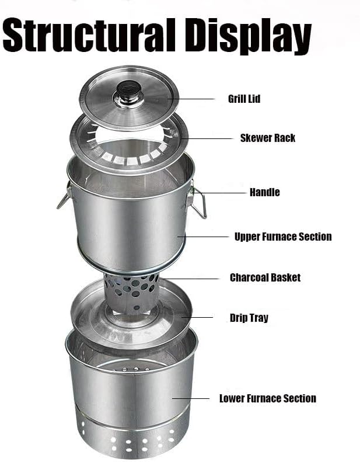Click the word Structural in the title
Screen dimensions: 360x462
click(89, 35)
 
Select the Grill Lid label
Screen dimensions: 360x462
click(244, 99)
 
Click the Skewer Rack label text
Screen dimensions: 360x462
click(268, 138)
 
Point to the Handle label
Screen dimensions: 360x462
click(265, 192)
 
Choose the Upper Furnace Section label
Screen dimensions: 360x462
click(283, 237)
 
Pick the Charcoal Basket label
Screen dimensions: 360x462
click(265, 277)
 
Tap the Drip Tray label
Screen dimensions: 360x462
click(249, 318)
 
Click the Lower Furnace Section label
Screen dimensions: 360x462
click(268, 398)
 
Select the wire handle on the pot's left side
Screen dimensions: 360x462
click(64, 196)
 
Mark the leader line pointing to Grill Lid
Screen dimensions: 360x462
click(191, 99)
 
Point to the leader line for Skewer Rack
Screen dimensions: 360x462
click(207, 138)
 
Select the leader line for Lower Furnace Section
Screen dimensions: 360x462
click(191, 399)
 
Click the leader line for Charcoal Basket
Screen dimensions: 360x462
click(190, 279)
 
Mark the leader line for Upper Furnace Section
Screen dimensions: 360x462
click(203, 237)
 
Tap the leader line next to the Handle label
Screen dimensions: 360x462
click(220, 193)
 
